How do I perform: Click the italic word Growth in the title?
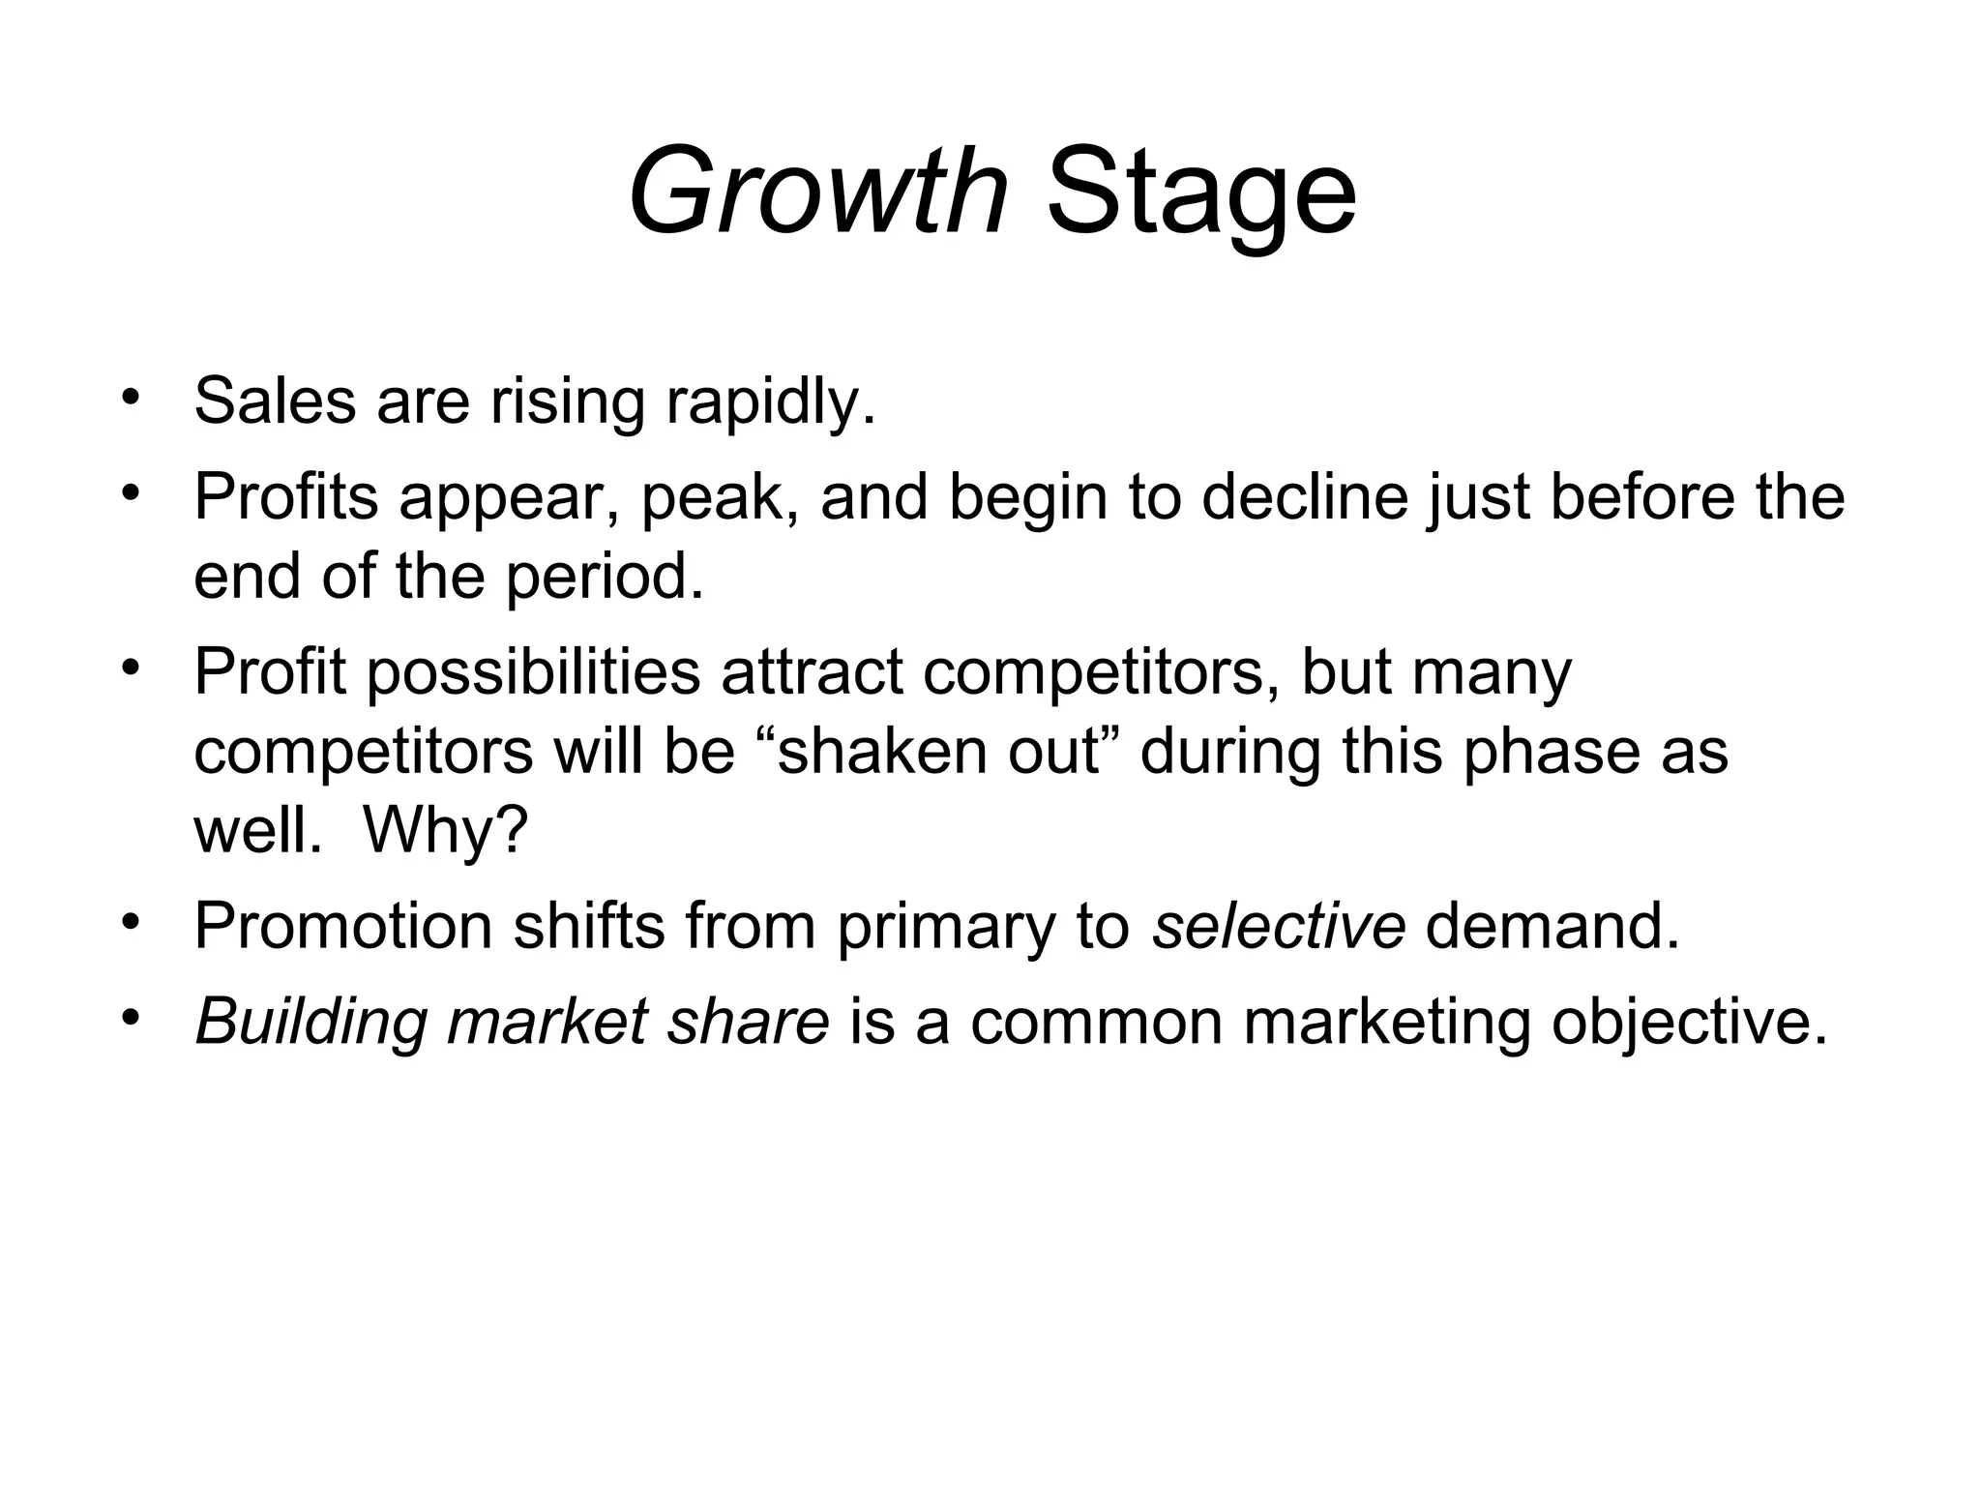click(817, 191)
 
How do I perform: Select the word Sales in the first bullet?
click(275, 401)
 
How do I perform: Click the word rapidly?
click(770, 401)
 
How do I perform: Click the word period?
click(605, 577)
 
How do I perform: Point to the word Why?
click(445, 831)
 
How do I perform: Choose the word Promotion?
click(343, 926)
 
